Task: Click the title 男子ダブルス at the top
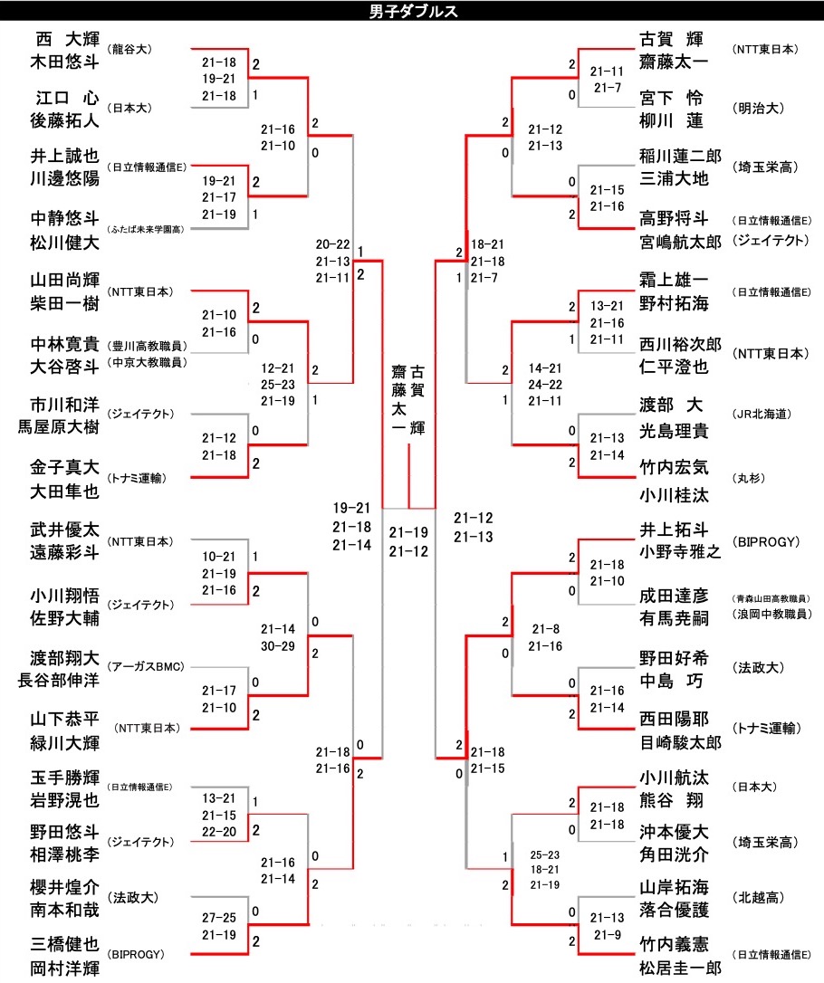point(413,12)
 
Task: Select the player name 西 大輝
point(66,40)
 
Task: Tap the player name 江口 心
point(66,98)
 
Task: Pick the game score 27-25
point(219,917)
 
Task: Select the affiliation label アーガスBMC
point(146,667)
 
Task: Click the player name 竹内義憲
point(675,944)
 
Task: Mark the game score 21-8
point(547,629)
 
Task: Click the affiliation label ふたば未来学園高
point(145,230)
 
